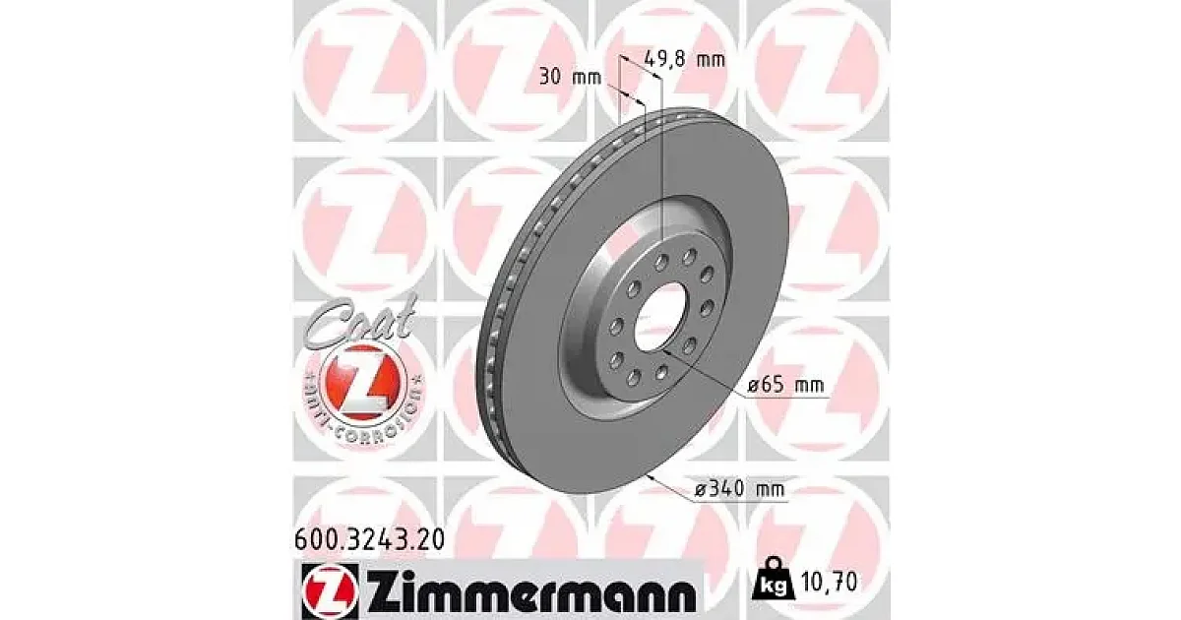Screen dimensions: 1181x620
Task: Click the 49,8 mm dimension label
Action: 685,58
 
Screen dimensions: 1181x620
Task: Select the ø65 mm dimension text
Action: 785,385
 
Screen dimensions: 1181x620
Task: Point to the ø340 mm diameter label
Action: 740,489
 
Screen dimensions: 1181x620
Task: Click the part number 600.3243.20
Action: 369,540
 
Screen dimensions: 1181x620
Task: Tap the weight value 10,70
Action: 830,582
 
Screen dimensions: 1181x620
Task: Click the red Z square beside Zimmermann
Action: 330,590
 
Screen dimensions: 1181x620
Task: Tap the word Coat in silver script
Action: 359,322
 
